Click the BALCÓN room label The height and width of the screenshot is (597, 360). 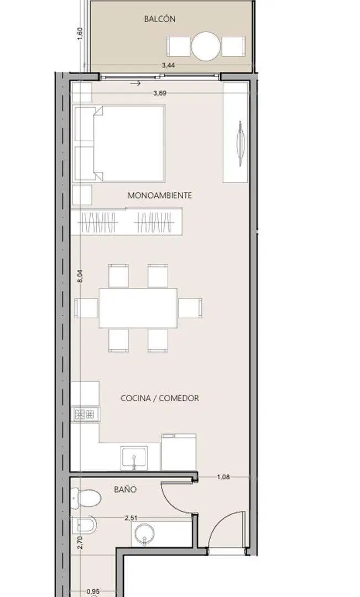pyautogui.click(x=160, y=19)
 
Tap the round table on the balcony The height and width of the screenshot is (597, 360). pyautogui.click(x=206, y=46)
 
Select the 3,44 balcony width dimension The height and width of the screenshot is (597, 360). pyautogui.click(x=168, y=65)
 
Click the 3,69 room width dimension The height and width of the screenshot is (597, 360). pyautogui.click(x=160, y=92)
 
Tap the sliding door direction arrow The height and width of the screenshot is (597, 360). pyautogui.click(x=135, y=83)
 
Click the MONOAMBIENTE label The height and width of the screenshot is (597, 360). pyautogui.click(x=160, y=195)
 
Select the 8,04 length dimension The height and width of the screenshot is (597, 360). pyautogui.click(x=80, y=276)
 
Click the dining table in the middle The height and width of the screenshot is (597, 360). pyautogui.click(x=138, y=308)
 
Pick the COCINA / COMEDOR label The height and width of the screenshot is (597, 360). pyautogui.click(x=160, y=398)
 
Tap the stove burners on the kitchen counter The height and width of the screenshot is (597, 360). pyautogui.click(x=85, y=414)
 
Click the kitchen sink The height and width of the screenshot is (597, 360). pyautogui.click(x=134, y=458)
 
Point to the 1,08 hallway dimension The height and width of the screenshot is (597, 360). pyautogui.click(x=223, y=476)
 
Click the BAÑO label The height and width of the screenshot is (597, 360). pyautogui.click(x=125, y=490)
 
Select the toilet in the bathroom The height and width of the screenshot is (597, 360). pyautogui.click(x=86, y=498)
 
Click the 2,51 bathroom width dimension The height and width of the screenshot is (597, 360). pyautogui.click(x=131, y=518)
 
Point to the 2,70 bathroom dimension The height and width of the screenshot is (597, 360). pyautogui.click(x=80, y=542)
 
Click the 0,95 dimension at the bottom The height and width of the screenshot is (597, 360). pyautogui.click(x=93, y=591)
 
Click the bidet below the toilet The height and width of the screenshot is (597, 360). pyautogui.click(x=84, y=524)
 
